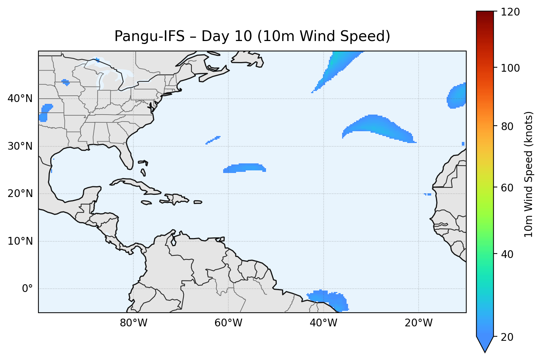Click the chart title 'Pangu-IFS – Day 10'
pos(252,36)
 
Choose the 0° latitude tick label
pos(27,289)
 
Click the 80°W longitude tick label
pos(133,323)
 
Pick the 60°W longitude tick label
pos(228,323)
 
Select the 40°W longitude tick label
pos(323,323)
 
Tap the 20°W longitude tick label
pos(418,323)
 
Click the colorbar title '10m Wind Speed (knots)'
pos(529,174)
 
